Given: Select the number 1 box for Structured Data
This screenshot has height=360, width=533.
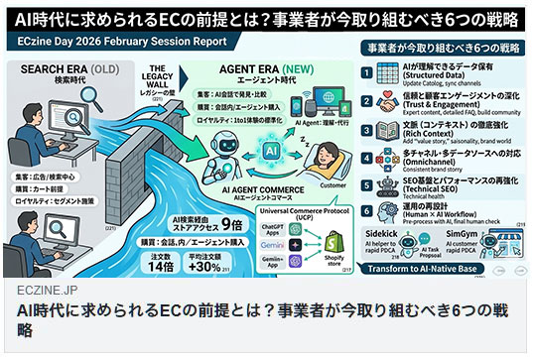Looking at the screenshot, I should coord(365,72).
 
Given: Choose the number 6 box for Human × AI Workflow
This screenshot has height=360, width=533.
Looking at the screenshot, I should coord(365,211).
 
